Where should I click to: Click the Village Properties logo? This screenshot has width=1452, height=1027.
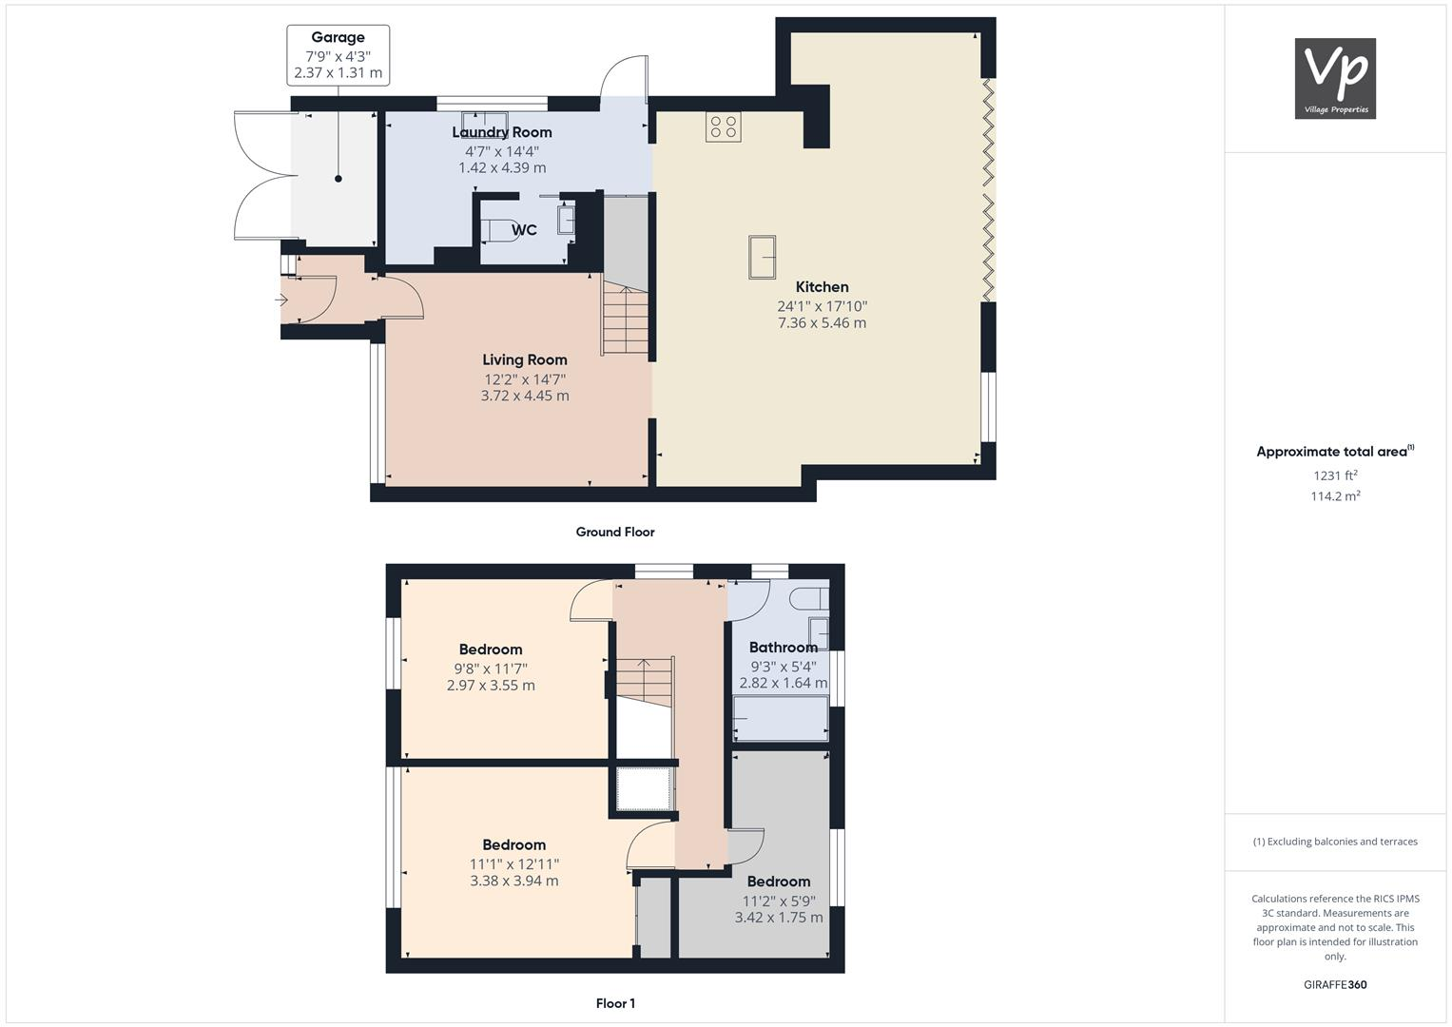[x=1335, y=78]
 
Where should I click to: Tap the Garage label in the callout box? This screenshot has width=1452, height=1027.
[x=338, y=38]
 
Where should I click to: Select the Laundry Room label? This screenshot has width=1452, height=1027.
[x=502, y=132]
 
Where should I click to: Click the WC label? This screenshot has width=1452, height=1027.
[x=524, y=230]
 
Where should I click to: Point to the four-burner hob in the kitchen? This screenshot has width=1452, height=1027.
[x=723, y=127]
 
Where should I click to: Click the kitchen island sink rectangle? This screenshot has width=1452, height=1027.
[x=762, y=257]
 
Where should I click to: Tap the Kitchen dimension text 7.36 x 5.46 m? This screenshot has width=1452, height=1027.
[x=822, y=323]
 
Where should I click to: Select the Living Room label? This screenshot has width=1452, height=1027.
[x=524, y=359]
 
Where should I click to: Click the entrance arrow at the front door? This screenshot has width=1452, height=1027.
[x=281, y=300]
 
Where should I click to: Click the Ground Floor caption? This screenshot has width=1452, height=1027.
[x=615, y=533]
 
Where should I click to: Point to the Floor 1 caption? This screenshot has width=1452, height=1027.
[x=615, y=1003]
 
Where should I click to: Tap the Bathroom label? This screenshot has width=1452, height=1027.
[x=783, y=648]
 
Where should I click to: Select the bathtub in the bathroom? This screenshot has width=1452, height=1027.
[x=781, y=719]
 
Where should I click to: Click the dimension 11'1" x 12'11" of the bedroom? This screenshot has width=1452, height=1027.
[x=513, y=864]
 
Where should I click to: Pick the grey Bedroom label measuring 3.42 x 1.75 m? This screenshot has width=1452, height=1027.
[x=778, y=882]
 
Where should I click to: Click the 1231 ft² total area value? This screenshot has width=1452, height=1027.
[x=1335, y=475]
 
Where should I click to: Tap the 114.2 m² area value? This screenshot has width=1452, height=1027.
[x=1335, y=496]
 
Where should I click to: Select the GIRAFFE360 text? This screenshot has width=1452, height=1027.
[x=1335, y=985]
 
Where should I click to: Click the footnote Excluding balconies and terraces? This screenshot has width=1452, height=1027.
[x=1335, y=842]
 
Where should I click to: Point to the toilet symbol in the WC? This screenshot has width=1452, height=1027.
[x=499, y=230]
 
